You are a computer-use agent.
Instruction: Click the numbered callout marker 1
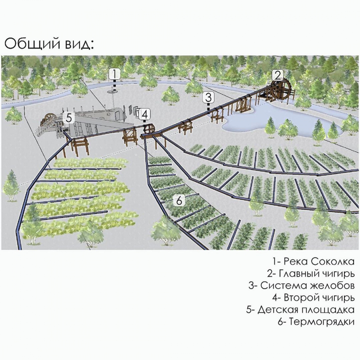(114, 74)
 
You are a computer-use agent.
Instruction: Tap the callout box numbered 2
(278, 75)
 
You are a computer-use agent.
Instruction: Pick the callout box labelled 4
(145, 114)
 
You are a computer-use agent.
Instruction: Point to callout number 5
(69, 118)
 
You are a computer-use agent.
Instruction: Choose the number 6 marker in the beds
(179, 200)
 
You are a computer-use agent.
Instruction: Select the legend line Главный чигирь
(311, 274)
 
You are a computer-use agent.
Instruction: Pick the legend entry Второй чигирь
(313, 298)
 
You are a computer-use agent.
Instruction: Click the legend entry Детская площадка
(300, 310)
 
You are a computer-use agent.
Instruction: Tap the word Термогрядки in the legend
(322, 322)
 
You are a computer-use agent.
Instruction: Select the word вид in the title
(79, 44)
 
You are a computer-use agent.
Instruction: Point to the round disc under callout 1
(112, 92)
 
